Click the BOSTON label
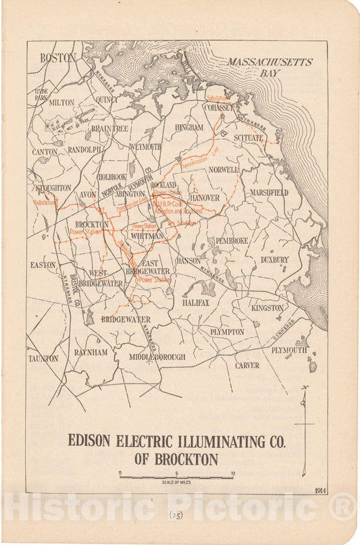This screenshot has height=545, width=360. [x=58, y=58]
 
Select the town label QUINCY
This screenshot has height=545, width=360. [x=107, y=99]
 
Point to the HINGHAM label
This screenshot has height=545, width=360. [x=188, y=127]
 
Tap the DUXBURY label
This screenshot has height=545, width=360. [x=274, y=259]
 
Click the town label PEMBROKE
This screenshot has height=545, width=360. [x=232, y=240]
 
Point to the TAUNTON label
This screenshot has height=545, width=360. [x=43, y=359]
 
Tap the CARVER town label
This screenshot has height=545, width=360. [x=247, y=365]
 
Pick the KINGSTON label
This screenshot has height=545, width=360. [x=267, y=308]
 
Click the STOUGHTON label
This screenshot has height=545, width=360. [x=53, y=187]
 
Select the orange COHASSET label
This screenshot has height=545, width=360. [x=220, y=107]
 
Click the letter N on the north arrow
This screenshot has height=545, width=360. [x=305, y=388]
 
